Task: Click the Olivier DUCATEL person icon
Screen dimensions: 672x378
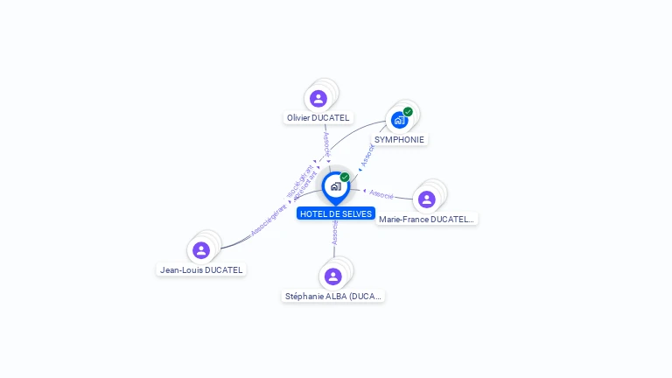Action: [x=318, y=98]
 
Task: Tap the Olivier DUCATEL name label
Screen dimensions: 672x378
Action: [x=318, y=118]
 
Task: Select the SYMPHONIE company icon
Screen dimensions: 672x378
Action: [x=400, y=120]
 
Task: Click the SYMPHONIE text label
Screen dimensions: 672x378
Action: [x=399, y=139]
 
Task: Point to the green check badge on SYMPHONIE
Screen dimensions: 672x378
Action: [x=408, y=112]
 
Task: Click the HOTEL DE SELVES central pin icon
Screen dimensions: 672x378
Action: [x=335, y=186]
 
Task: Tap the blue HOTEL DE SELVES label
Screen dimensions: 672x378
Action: [x=336, y=213]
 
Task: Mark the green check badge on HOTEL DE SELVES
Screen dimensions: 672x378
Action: [x=345, y=178]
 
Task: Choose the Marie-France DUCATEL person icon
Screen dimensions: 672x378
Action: [x=426, y=199]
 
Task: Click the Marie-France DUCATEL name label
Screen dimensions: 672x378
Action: [x=427, y=220]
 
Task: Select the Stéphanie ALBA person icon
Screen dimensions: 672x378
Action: [x=332, y=276]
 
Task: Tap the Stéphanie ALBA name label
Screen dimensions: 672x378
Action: [x=333, y=297]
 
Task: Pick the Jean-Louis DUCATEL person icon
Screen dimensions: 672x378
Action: [x=201, y=250]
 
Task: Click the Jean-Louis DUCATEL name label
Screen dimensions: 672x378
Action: [x=201, y=270]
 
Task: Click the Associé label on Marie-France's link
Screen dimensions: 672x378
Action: [x=381, y=193]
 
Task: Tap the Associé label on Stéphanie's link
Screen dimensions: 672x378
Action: [x=334, y=233]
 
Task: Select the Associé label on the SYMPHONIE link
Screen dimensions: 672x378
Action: [x=367, y=154]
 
